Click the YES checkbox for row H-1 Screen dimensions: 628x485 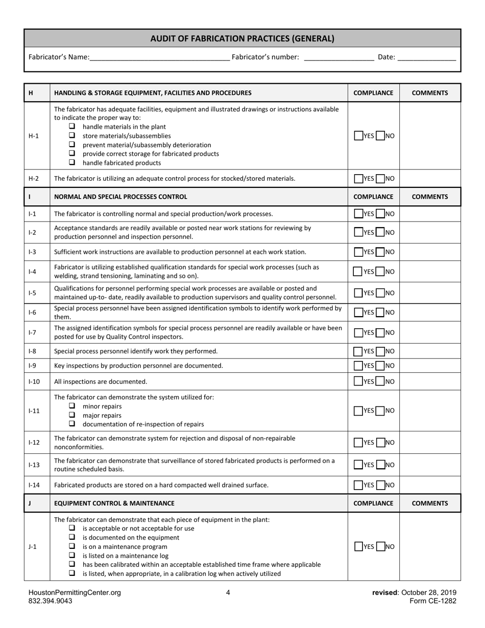358,136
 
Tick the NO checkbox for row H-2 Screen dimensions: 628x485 380,179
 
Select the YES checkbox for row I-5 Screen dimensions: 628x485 358,293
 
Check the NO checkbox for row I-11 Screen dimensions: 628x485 380,410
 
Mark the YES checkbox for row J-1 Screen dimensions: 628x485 358,546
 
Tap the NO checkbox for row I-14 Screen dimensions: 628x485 380,485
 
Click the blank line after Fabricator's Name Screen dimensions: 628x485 159,57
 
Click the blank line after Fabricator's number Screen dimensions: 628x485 338,57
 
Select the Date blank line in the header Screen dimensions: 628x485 426,57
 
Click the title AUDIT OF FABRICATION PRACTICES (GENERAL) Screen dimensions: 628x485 243,38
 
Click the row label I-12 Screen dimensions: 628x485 34,442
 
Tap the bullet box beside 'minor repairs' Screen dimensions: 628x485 72,406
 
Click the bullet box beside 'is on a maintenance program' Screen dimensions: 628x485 72,546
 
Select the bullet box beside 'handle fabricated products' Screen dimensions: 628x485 72,162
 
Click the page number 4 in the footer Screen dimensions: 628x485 228,593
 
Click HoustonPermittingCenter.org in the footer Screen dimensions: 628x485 75,593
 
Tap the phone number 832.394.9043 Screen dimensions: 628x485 51,601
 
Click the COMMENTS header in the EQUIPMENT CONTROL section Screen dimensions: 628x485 430,503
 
